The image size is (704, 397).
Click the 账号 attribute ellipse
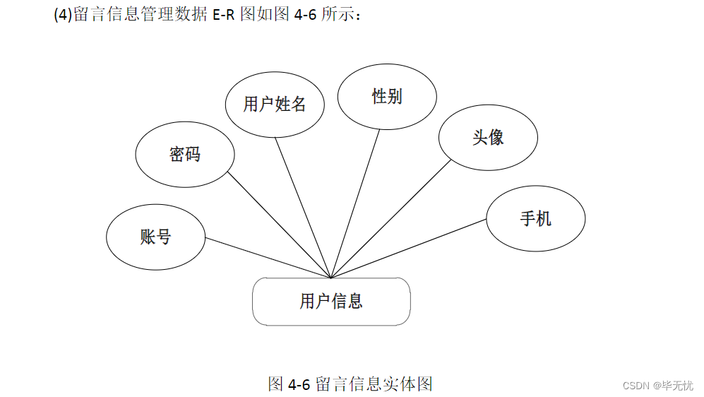coord(155,237)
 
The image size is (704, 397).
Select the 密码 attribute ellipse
coord(184,154)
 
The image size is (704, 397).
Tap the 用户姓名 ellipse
coord(275,105)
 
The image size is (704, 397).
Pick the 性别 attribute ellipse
coord(387,96)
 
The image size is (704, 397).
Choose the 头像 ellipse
coord(488,137)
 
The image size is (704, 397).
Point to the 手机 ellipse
coord(535,218)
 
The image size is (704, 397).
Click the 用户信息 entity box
coord(331,302)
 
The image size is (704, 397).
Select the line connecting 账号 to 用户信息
coord(268,257)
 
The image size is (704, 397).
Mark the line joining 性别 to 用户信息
coord(355,205)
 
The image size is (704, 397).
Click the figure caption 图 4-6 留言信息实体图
coord(350,384)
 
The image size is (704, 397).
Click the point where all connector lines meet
coord(331,278)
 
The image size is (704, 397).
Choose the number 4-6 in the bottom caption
coord(299,384)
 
